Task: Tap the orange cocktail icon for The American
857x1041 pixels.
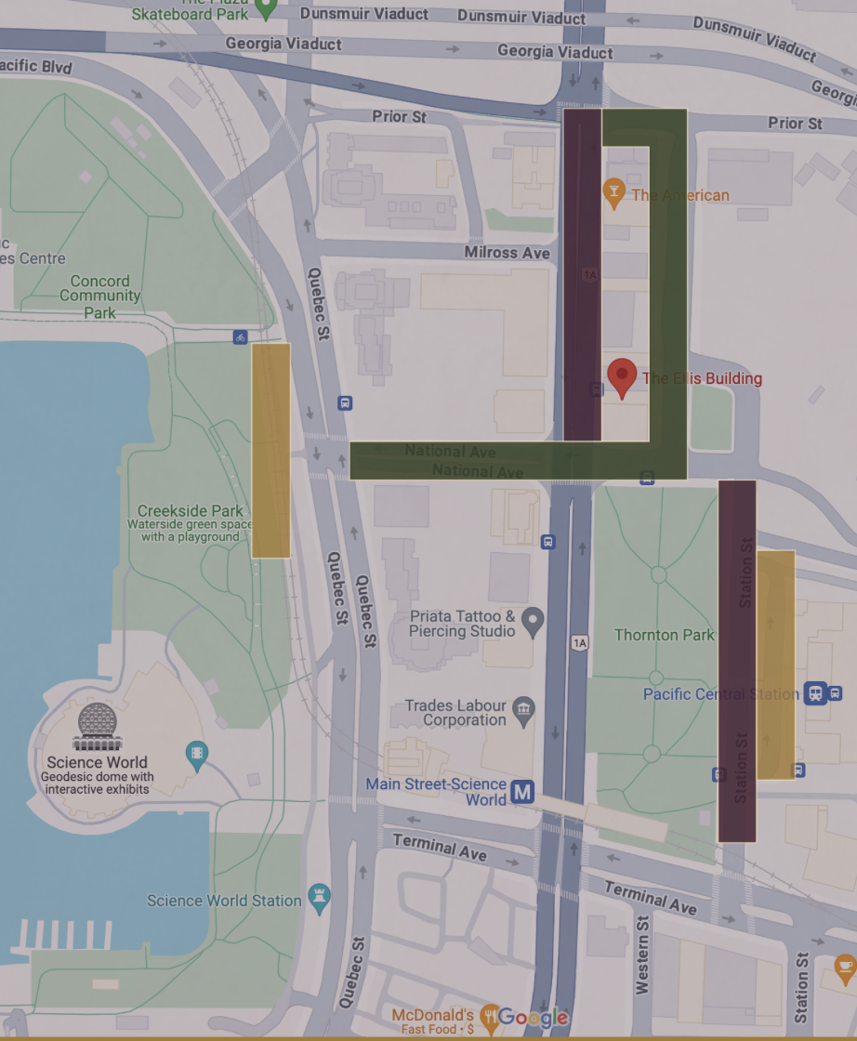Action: tap(613, 194)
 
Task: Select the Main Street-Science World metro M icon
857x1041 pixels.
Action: tap(524, 792)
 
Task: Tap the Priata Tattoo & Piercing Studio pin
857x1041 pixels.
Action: tap(533, 622)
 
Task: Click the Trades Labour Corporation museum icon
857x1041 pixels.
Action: tap(524, 712)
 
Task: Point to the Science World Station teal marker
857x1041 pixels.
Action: tap(320, 899)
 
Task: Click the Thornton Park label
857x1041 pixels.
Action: tap(664, 635)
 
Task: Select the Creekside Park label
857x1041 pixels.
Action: tap(191, 510)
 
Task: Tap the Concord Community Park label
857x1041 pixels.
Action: tap(100, 296)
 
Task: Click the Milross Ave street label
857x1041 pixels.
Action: tap(508, 253)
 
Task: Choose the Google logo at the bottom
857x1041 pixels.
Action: tap(532, 1018)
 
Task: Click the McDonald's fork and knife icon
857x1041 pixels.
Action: tap(489, 1016)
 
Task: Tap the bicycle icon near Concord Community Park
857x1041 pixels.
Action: tap(241, 336)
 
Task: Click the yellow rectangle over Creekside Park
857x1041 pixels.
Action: tap(270, 451)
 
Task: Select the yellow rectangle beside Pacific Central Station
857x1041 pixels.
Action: tap(775, 665)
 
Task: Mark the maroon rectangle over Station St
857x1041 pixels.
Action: tap(737, 661)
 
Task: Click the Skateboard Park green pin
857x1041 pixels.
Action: tap(266, 9)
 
